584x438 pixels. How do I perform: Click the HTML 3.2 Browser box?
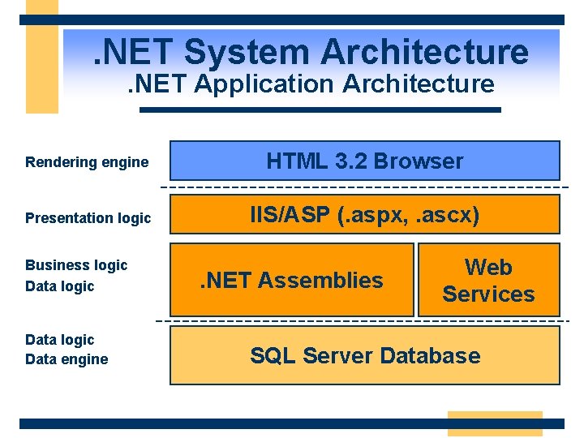[x=364, y=161]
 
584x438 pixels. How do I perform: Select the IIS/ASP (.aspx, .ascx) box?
[x=364, y=215]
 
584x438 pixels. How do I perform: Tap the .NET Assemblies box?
[x=291, y=280]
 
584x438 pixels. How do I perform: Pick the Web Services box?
[x=488, y=280]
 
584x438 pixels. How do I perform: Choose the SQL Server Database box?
[x=364, y=355]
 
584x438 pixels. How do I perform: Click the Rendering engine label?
[x=87, y=162]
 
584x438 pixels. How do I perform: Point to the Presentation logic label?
[x=88, y=217]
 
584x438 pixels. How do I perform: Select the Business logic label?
[x=76, y=265]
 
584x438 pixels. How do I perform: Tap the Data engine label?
[x=67, y=359]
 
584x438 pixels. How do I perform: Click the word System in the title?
[x=248, y=53]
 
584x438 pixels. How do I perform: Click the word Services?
[x=488, y=294]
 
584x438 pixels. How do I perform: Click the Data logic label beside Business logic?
[x=60, y=286]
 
